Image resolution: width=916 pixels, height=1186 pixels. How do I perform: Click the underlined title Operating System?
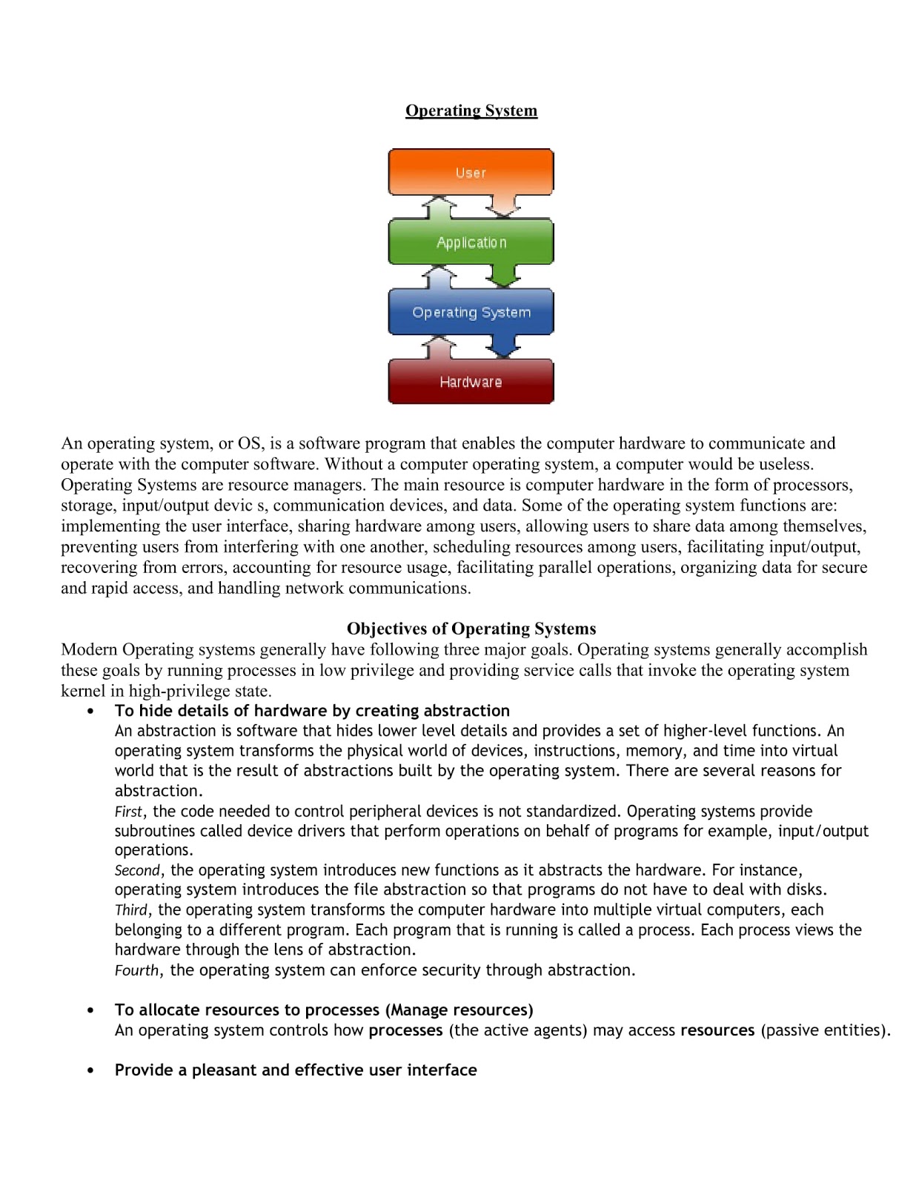coord(471,110)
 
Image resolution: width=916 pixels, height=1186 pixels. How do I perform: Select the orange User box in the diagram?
coord(471,172)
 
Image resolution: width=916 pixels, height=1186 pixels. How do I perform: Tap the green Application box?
coord(471,242)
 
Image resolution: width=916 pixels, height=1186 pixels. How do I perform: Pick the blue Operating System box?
coord(471,312)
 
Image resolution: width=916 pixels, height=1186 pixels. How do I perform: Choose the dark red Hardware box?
coord(471,382)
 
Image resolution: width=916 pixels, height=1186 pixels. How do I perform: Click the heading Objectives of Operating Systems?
coord(471,629)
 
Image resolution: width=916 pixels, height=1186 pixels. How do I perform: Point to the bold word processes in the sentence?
coord(405,1030)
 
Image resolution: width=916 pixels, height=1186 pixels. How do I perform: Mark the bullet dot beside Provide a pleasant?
coord(90,1070)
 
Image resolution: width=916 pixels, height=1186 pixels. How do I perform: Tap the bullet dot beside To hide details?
coord(90,711)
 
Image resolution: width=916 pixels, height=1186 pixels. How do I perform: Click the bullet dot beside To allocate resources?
coord(90,1010)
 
